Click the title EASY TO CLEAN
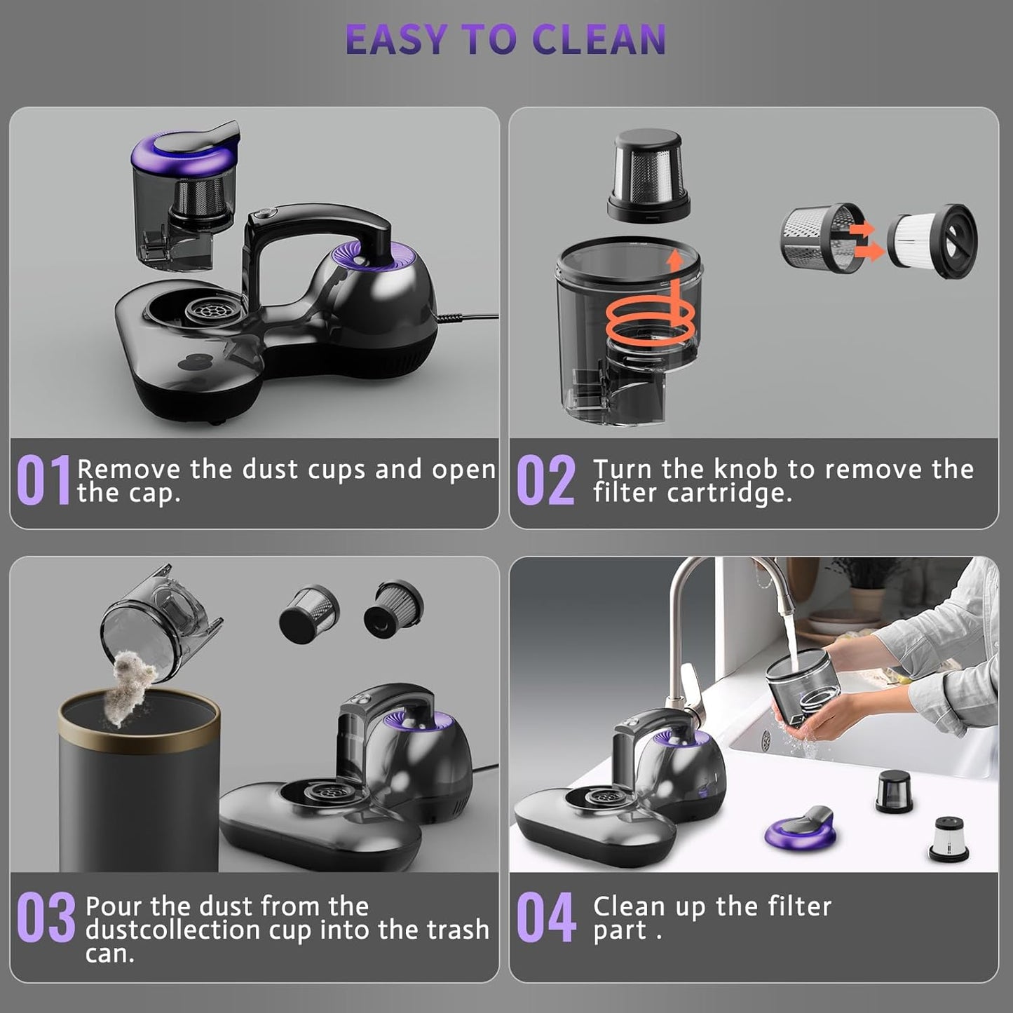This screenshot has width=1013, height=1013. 505,40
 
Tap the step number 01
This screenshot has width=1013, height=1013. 43,480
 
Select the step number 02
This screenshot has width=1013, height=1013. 545,480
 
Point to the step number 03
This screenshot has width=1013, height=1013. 46,918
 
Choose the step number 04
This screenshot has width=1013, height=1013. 545,918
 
